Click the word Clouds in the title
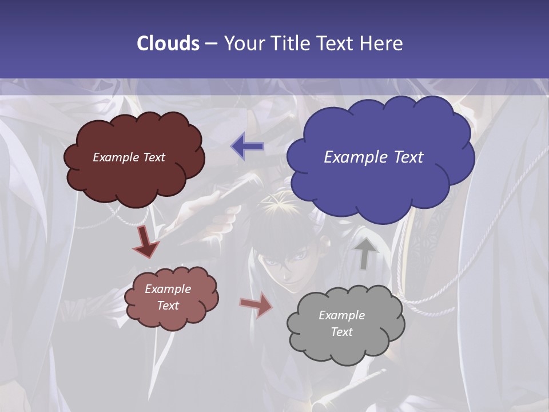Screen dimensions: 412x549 [x=168, y=43]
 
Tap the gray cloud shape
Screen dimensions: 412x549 [x=345, y=349]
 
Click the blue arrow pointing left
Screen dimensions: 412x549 [x=248, y=146]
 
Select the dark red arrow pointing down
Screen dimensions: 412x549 [x=146, y=243]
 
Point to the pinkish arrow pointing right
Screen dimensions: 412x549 [x=256, y=304]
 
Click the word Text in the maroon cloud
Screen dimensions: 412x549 [x=153, y=157]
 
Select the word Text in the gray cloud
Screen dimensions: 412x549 [x=341, y=332]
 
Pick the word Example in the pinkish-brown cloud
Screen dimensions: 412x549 [x=168, y=289]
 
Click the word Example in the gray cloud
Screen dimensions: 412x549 [x=341, y=315]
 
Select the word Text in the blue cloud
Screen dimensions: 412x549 [x=408, y=157]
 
